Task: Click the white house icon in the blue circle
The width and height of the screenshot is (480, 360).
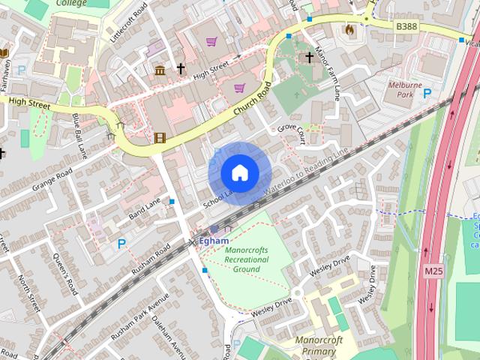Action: [239, 173]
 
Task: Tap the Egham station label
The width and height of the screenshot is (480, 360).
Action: [213, 241]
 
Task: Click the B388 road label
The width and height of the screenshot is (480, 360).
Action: [406, 26]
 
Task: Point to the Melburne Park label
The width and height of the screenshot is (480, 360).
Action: [405, 91]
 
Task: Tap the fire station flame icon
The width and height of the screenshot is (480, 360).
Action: [348, 29]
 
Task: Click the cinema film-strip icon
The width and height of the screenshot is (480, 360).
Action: [159, 137]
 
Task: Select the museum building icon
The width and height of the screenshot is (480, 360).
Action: [160, 70]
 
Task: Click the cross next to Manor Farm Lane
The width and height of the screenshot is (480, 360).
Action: [308, 57]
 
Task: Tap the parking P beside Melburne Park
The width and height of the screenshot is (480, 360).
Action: [427, 93]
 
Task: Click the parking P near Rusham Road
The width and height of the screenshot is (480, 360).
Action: [121, 244]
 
